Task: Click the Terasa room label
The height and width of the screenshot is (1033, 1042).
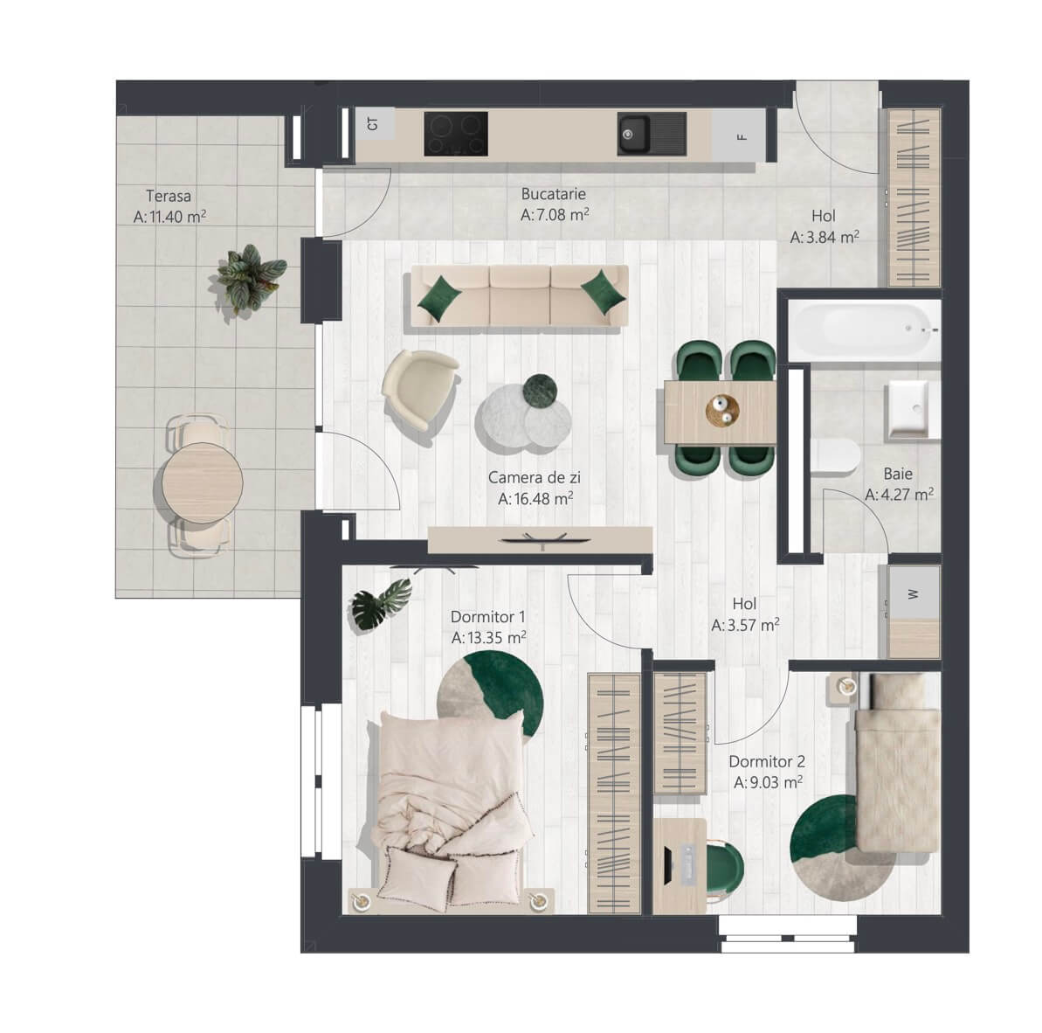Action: click(x=169, y=196)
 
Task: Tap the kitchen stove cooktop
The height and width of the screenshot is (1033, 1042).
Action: click(x=456, y=134)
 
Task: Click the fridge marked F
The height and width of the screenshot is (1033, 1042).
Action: click(x=738, y=135)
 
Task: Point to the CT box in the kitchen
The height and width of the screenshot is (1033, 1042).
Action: click(x=374, y=124)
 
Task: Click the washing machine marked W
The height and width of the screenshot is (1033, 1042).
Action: click(x=914, y=593)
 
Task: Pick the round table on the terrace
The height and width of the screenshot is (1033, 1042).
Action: click(x=203, y=482)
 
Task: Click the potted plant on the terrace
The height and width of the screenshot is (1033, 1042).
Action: click(x=252, y=278)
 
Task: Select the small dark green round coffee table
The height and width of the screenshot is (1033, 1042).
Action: click(x=540, y=390)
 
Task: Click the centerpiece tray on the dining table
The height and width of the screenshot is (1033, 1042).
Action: click(x=721, y=410)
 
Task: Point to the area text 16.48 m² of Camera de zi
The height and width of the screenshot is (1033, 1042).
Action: click(x=535, y=498)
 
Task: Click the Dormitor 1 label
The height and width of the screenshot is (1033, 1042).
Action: click(x=487, y=616)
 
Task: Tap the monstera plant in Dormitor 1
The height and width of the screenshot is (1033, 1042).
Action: click(x=381, y=603)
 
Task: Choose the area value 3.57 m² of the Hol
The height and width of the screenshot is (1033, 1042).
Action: click(x=745, y=626)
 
